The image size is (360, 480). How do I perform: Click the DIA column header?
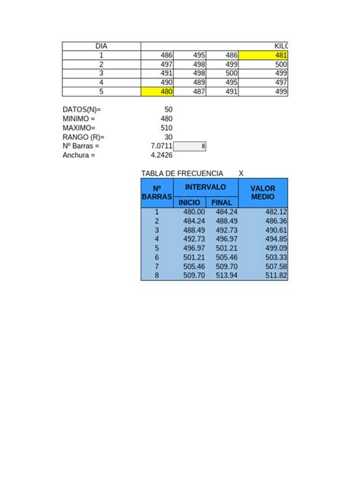[x=102, y=46]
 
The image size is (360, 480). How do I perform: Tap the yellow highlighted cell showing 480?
[x=158, y=92]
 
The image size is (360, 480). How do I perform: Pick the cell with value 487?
[x=191, y=92]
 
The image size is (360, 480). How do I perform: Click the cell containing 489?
[x=191, y=83]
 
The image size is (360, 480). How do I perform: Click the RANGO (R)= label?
[x=84, y=137]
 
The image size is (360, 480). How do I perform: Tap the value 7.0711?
[x=162, y=146]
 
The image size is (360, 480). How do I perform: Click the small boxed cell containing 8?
[x=191, y=146]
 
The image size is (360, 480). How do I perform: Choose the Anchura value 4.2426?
[x=162, y=155]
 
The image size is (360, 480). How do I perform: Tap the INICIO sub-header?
[x=190, y=203]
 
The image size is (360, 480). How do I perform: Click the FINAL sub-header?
[x=222, y=203]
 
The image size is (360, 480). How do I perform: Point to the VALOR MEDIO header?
[x=263, y=192]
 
